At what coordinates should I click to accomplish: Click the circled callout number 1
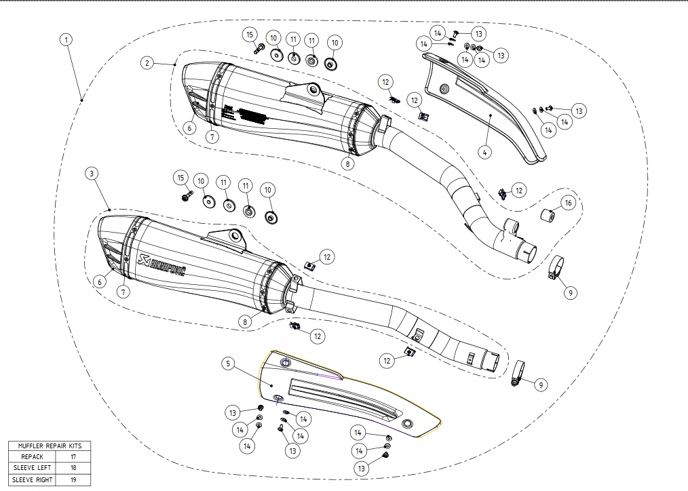tap(66, 39)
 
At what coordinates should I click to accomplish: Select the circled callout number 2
tap(147, 63)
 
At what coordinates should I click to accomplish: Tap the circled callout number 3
tap(92, 174)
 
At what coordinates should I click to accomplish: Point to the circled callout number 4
tap(484, 152)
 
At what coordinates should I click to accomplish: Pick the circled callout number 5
tap(229, 364)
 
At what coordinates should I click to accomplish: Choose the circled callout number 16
tap(568, 203)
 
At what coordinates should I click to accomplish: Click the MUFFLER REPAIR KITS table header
tap(50, 446)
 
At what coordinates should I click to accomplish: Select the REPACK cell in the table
tap(32, 457)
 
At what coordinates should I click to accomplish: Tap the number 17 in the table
tap(73, 457)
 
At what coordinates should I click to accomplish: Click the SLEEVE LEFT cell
tap(32, 468)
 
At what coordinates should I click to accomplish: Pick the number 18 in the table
tap(73, 468)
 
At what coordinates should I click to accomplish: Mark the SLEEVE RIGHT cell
tap(32, 479)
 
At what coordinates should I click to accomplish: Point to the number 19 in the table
tap(73, 479)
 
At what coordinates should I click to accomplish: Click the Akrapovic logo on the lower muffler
tap(161, 261)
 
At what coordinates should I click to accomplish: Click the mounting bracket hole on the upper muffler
tap(313, 89)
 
